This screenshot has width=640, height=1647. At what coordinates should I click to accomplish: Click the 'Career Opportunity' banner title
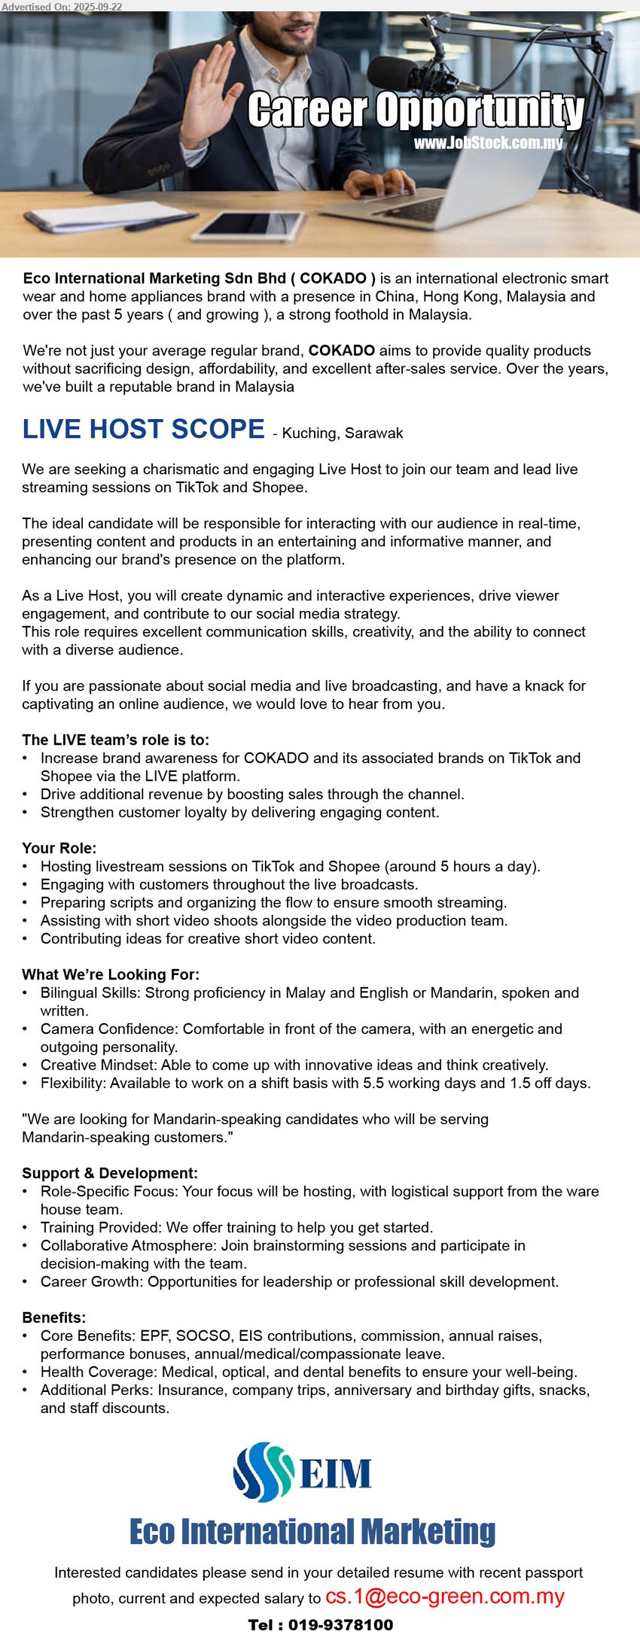[x=416, y=111]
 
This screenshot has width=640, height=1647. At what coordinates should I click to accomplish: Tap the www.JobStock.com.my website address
[x=488, y=143]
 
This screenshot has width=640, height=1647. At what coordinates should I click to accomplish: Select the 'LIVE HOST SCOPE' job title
[x=143, y=429]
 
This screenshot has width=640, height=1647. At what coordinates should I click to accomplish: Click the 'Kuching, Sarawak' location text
[x=343, y=433]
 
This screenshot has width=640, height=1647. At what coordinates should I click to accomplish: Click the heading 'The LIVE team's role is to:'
[x=116, y=740]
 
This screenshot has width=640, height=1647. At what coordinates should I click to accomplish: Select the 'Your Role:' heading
[x=59, y=848]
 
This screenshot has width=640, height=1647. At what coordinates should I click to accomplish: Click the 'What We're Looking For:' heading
[x=111, y=974]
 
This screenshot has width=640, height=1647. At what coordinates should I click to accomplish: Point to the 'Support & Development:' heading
[x=110, y=1173]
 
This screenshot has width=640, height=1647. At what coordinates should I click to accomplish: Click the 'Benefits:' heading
[x=54, y=1317]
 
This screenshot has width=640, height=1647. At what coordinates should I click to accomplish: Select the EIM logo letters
[x=336, y=1472]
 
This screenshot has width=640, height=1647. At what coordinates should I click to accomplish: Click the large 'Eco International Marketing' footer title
[x=312, y=1531]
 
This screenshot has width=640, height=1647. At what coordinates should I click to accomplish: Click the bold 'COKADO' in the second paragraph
[x=341, y=351]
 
